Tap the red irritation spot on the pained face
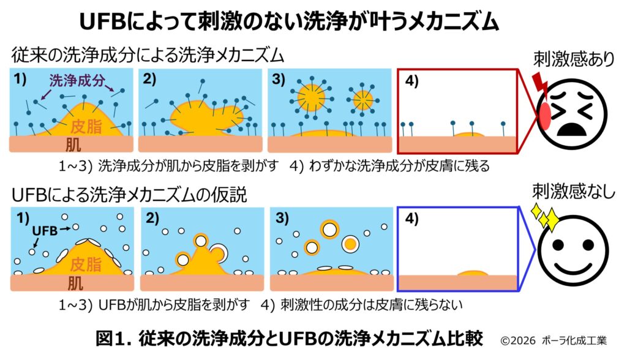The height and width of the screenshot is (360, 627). click(x=544, y=115)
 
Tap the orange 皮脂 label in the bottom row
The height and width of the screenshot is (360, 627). click(x=86, y=264)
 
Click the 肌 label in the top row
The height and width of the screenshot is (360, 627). click(x=73, y=144)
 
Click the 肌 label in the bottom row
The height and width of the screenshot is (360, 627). click(x=75, y=283)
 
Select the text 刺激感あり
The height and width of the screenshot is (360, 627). click(x=574, y=59)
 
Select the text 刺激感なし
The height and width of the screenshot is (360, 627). click(x=573, y=192)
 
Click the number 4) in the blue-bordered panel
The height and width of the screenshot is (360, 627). click(x=411, y=219)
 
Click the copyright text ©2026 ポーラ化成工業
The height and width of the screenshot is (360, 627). click(x=554, y=340)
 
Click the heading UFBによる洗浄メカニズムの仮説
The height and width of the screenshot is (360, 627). click(x=129, y=195)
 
